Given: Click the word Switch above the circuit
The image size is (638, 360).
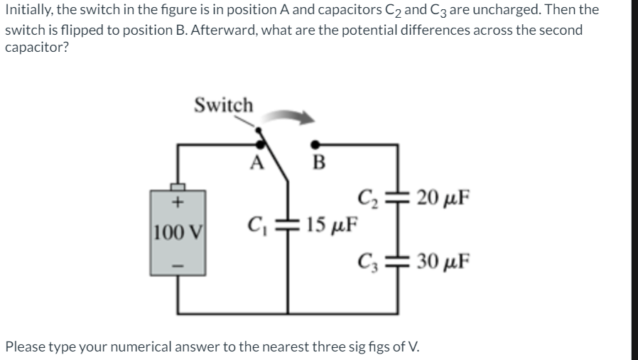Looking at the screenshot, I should click(223, 105).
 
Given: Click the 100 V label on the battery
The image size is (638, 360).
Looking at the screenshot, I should click(178, 231).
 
